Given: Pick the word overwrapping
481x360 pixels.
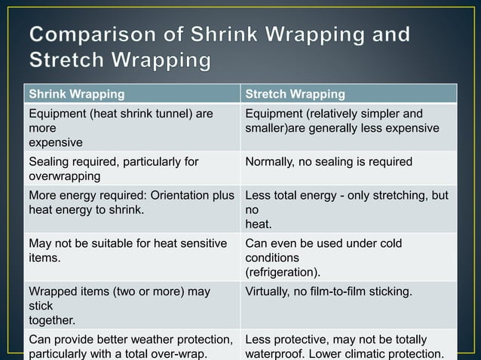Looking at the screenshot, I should [63, 175].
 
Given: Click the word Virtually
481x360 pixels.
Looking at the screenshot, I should [269, 291].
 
